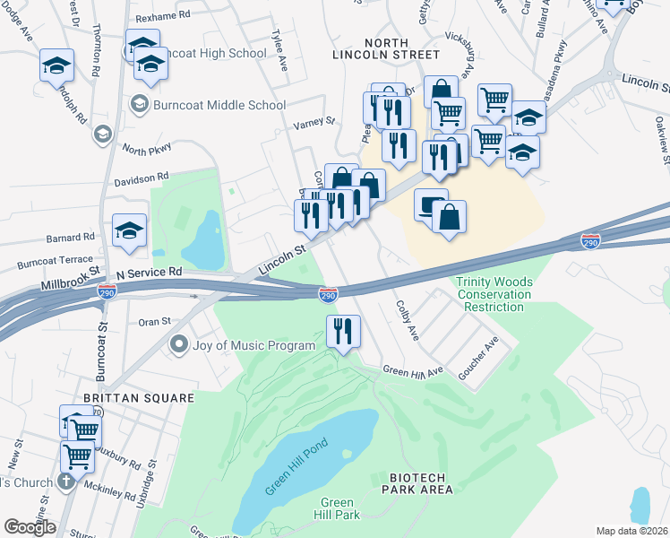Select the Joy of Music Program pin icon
tap(178, 345)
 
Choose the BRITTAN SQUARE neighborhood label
tap(126, 397)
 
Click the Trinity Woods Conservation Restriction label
tap(494, 294)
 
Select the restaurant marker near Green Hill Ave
tap(344, 332)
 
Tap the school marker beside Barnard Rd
tap(129, 231)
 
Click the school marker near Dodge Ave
tap(56, 65)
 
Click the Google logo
tap(30, 526)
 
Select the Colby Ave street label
tap(408, 320)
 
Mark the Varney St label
tap(314, 120)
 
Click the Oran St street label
tap(154, 321)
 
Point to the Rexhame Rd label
tap(163, 16)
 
